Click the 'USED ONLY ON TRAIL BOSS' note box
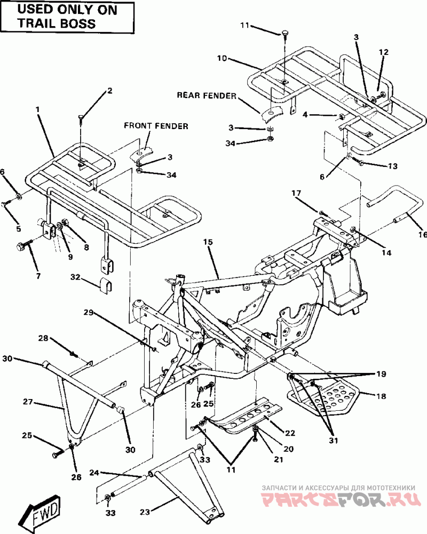68,17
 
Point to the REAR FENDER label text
207,95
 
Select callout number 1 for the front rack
38,109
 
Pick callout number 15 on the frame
208,242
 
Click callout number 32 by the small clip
75,277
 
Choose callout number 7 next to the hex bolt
37,276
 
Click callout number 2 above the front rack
109,91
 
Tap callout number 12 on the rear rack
384,52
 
